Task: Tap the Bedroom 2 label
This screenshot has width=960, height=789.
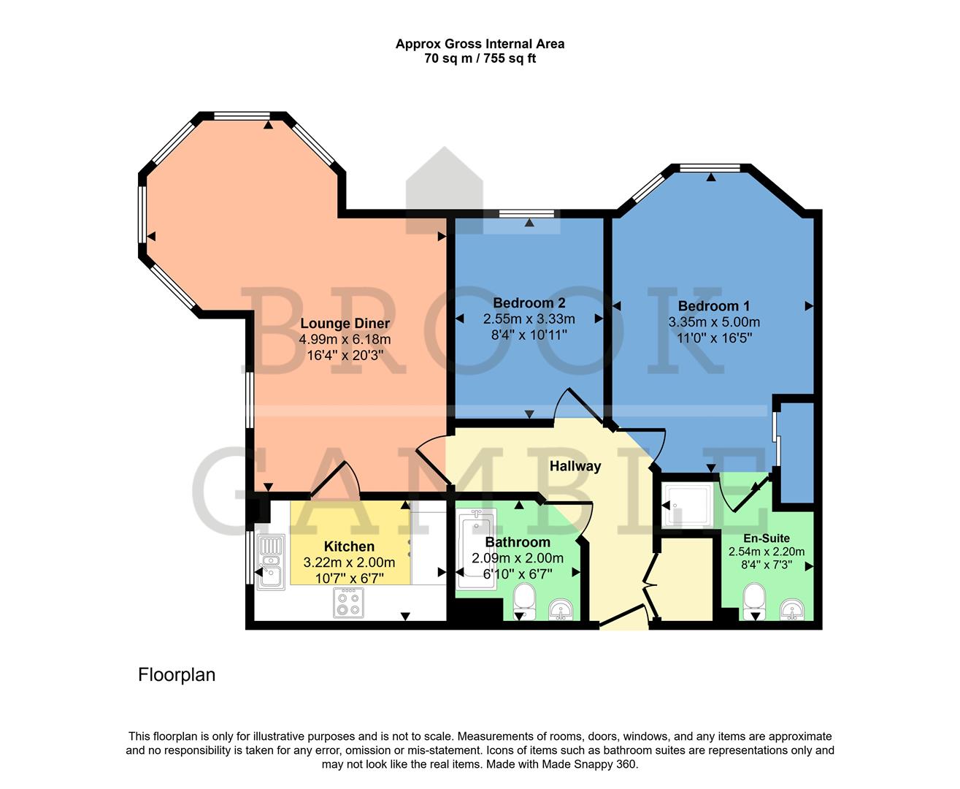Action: click(529, 302)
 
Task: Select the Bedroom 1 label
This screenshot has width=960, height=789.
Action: click(713, 306)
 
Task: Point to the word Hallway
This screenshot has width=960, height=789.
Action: click(575, 466)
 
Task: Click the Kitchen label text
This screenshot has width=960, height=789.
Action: click(349, 546)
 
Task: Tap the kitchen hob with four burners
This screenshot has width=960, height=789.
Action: click(347, 602)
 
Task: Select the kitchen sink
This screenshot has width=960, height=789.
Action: click(269, 560)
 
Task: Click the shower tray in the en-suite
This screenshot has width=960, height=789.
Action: click(688, 504)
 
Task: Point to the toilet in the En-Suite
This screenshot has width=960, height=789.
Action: click(753, 601)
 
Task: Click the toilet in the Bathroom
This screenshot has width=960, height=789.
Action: click(523, 601)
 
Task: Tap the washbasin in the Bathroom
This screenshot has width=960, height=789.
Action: click(561, 608)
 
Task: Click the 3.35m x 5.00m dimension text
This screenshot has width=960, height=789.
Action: click(713, 322)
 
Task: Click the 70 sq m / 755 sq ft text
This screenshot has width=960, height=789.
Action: click(480, 58)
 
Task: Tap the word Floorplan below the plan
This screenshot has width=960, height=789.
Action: click(177, 675)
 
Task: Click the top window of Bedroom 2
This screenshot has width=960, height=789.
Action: click(527, 213)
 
